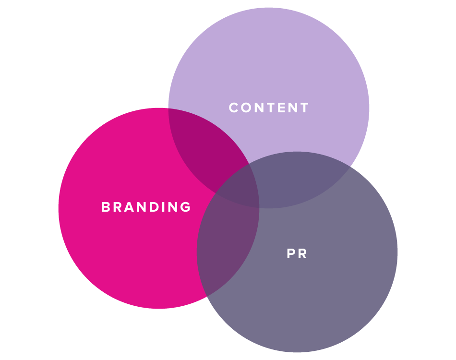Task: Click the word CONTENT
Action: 269,108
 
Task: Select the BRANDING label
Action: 146,207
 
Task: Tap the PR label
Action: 297,253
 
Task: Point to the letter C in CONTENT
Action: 234,108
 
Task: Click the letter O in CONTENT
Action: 246,108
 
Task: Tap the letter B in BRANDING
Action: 105,207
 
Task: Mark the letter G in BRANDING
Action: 186,207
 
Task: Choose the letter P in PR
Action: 290,253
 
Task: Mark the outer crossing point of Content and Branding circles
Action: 168,109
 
